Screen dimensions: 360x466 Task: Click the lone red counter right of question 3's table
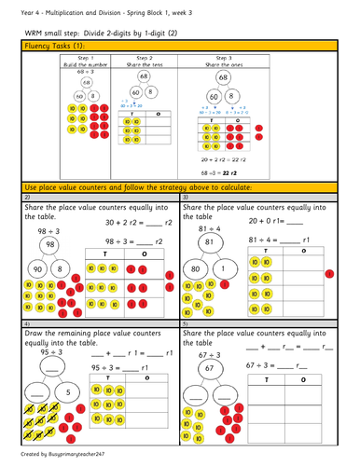(x=329, y=273)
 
